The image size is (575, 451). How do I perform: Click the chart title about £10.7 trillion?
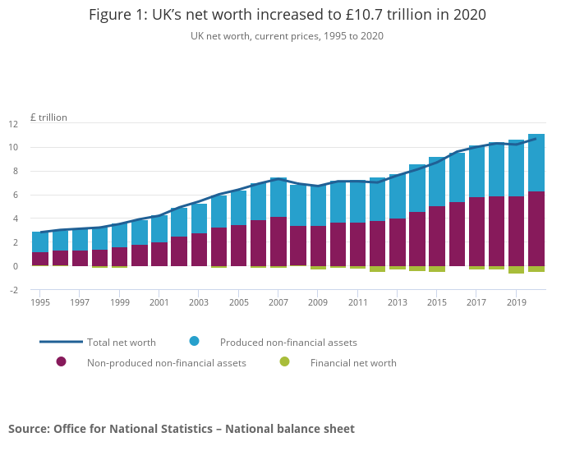point(287,15)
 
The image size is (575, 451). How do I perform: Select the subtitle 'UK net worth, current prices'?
point(287,36)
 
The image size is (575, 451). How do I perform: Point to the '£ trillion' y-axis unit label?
point(48,117)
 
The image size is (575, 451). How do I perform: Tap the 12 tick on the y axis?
point(36,124)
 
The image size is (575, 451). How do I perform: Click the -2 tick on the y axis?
point(36,290)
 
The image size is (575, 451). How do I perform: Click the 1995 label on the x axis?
point(40,302)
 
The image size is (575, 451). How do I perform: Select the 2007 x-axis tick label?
point(278,302)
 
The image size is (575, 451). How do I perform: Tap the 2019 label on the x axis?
point(516,302)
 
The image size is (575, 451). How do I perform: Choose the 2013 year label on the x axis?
point(398,302)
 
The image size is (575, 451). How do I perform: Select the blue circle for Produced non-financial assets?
point(194,341)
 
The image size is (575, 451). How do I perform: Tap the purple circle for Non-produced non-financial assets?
point(61,361)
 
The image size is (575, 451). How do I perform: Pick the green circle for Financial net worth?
point(284,361)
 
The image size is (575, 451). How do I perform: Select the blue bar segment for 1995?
point(40,242)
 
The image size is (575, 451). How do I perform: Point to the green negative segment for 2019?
point(516,269)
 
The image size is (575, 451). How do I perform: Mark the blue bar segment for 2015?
point(437,182)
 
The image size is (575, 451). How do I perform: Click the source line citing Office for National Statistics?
point(182,429)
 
